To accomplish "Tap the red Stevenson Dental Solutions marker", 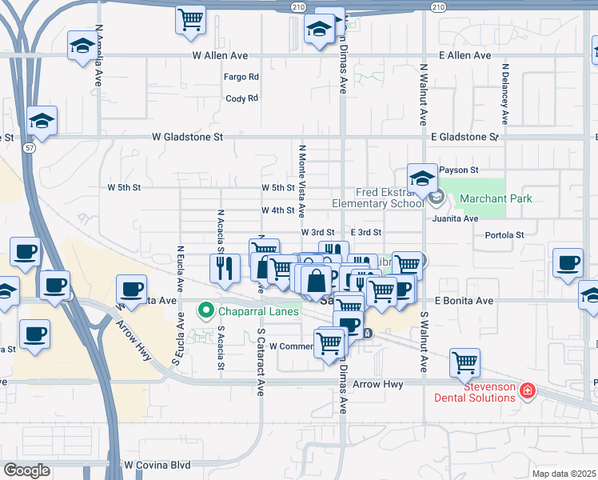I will pyautogui.click(x=527, y=391).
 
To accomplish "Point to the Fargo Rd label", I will pyautogui.click(x=242, y=77).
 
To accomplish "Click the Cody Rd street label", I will pyautogui.click(x=241, y=98).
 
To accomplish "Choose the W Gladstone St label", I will pyautogui.click(x=187, y=137).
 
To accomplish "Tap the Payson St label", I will pyautogui.click(x=458, y=170).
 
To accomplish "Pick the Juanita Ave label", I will pyautogui.click(x=454, y=218).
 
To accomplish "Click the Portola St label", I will pyautogui.click(x=504, y=235).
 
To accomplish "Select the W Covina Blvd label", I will pyautogui.click(x=157, y=464).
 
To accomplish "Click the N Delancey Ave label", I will pyautogui.click(x=504, y=94).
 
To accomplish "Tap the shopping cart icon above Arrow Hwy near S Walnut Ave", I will pyautogui.click(x=464, y=362).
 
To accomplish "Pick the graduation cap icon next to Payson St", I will pyautogui.click(x=422, y=178).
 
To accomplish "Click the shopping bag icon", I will pyautogui.click(x=317, y=279).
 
